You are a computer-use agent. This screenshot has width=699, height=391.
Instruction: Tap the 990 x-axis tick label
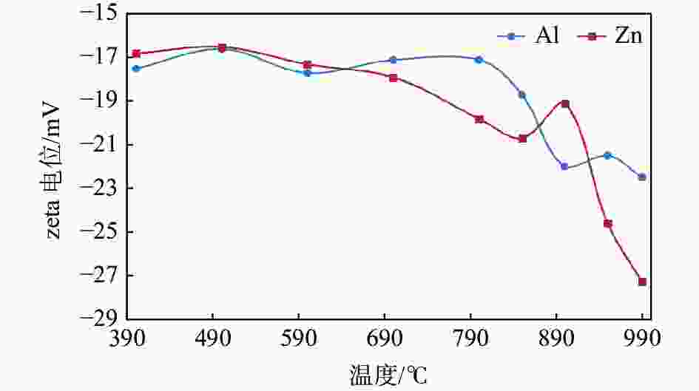tap(642, 338)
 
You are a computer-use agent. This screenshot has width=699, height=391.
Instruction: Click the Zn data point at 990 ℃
tap(642, 282)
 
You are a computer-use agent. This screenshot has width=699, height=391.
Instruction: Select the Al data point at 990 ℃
tap(642, 177)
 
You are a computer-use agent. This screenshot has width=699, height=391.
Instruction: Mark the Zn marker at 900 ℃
tap(565, 103)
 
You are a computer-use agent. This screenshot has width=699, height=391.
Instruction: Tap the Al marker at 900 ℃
tap(564, 166)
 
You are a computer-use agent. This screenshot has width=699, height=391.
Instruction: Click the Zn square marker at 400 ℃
tap(136, 53)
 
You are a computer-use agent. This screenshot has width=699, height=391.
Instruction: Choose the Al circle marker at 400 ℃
tap(136, 68)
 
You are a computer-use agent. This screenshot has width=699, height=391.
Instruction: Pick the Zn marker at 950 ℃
tap(608, 223)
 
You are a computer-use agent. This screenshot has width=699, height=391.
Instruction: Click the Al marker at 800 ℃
tap(479, 59)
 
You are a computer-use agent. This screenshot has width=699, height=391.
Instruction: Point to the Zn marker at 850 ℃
tap(522, 138)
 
